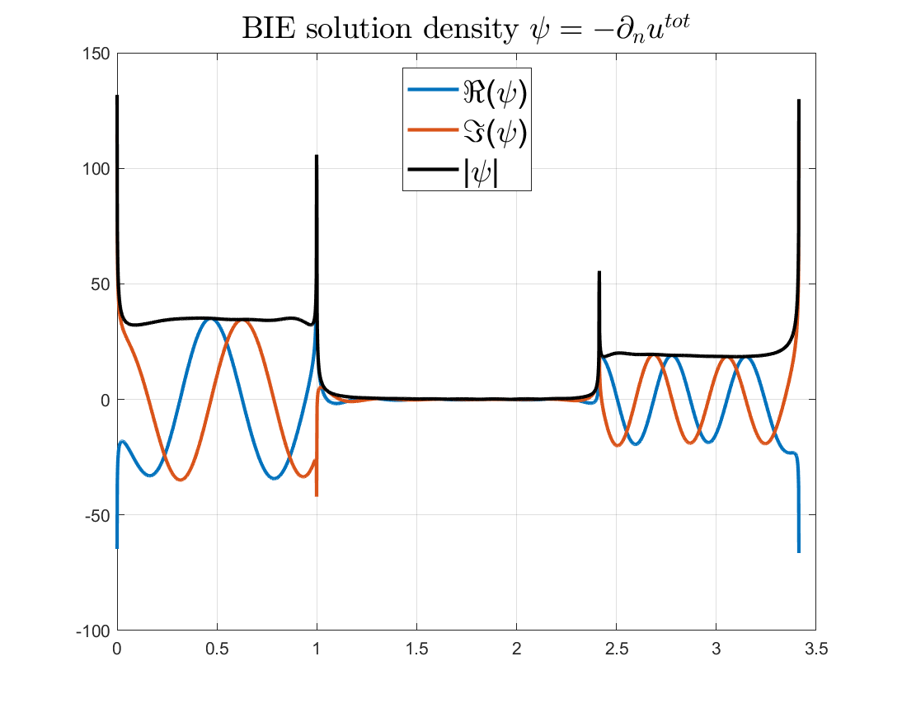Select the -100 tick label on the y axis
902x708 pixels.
point(96,631)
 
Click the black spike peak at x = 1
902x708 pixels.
point(317,156)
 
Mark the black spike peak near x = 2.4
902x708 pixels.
point(599,272)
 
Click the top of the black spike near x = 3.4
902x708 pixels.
point(799,101)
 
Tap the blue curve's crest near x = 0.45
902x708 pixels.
point(209,318)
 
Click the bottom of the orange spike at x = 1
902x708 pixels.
point(317,495)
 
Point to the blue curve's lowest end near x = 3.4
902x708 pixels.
point(799,551)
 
